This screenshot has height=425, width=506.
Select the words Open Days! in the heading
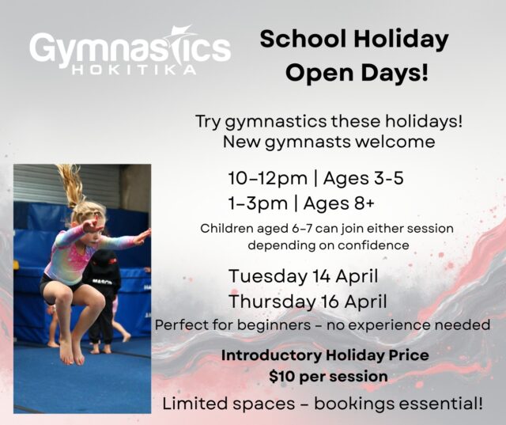tap(357, 74)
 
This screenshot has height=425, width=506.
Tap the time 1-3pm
tap(258, 204)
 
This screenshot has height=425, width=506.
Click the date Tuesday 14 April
tap(303, 277)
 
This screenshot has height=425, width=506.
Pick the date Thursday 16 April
tap(308, 302)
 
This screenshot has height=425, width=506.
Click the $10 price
tap(283, 377)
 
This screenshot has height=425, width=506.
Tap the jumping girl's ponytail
tap(72, 186)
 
